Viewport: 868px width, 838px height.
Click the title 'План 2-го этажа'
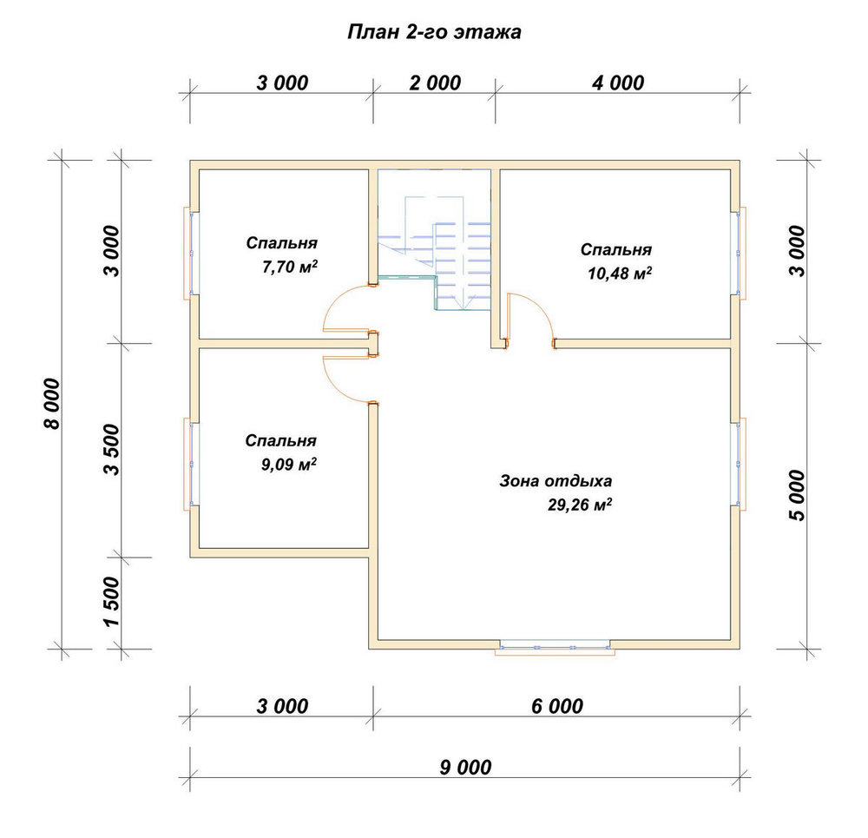point(434,32)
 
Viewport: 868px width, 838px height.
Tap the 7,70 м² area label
point(290,267)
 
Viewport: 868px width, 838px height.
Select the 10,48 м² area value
point(620,273)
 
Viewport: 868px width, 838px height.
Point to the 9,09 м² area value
point(289,464)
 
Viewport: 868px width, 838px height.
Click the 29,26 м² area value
point(580,505)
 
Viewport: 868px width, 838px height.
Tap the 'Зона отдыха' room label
point(556,481)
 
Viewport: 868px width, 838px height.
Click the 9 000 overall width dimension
point(465,767)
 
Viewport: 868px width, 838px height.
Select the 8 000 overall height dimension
point(51,404)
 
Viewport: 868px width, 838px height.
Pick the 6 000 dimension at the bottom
point(557,706)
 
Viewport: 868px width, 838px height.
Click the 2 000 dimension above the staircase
point(435,83)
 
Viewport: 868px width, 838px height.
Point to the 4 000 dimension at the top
point(618,83)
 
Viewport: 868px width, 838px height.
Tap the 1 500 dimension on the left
point(112,602)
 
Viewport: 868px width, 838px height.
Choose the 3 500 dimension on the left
point(112,450)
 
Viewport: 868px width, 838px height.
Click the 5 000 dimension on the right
point(797,496)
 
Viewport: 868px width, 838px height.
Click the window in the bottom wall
point(555,648)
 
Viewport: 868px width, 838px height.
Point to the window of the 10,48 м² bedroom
point(739,253)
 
